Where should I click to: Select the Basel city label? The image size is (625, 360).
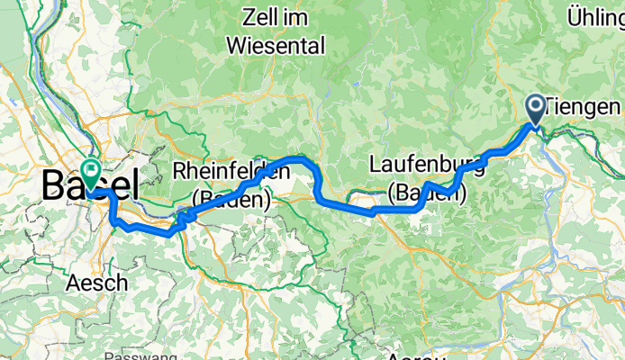[90, 186]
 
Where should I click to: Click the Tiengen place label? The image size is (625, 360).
[584, 107]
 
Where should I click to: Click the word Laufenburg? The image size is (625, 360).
[426, 166]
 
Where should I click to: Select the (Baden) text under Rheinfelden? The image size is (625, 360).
[231, 198]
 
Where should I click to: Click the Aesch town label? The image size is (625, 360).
[95, 283]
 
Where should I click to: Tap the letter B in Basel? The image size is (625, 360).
[53, 186]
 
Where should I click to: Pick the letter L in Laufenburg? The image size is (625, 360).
[376, 166]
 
